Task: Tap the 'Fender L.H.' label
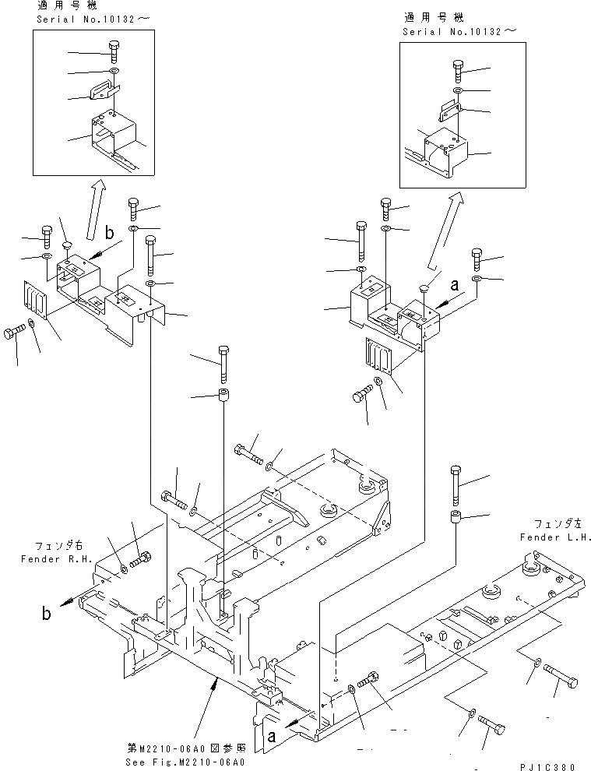pyautogui.click(x=554, y=537)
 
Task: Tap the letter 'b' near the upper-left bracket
pyautogui.click(x=108, y=233)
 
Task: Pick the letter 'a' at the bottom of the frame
pyautogui.click(x=272, y=734)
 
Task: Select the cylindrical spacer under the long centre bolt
pyautogui.click(x=223, y=395)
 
